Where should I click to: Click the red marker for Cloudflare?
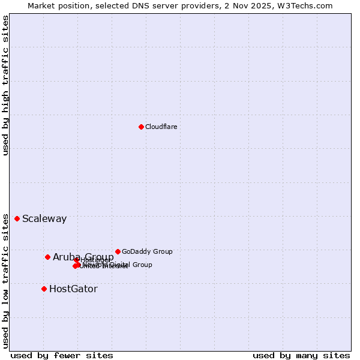click(141, 127)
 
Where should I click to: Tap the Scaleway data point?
click(17, 218)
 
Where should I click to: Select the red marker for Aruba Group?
click(47, 257)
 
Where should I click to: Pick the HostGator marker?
click(44, 289)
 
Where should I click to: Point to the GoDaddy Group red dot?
click(118, 251)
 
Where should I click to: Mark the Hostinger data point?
click(77, 260)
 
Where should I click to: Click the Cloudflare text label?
click(161, 127)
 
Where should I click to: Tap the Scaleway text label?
click(44, 218)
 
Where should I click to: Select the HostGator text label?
click(73, 289)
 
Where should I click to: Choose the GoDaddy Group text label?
click(147, 251)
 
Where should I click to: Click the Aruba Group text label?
click(83, 257)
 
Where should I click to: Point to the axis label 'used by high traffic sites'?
click(5, 85)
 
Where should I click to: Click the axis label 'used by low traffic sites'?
click(5, 280)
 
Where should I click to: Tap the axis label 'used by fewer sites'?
click(62, 355)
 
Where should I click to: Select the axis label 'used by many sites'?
click(301, 355)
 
